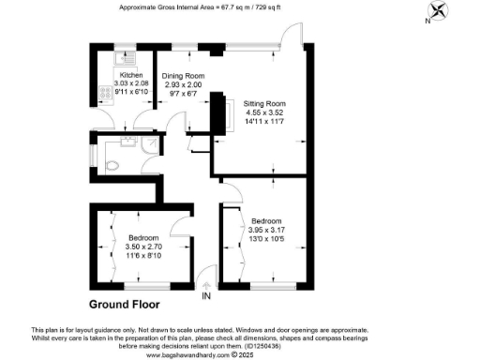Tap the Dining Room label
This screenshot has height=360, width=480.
coord(183,75)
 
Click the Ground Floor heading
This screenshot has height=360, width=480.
coord(124,305)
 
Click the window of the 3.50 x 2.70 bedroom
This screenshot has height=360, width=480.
coord(142,283)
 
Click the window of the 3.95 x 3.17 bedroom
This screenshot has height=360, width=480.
coord(271,283)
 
